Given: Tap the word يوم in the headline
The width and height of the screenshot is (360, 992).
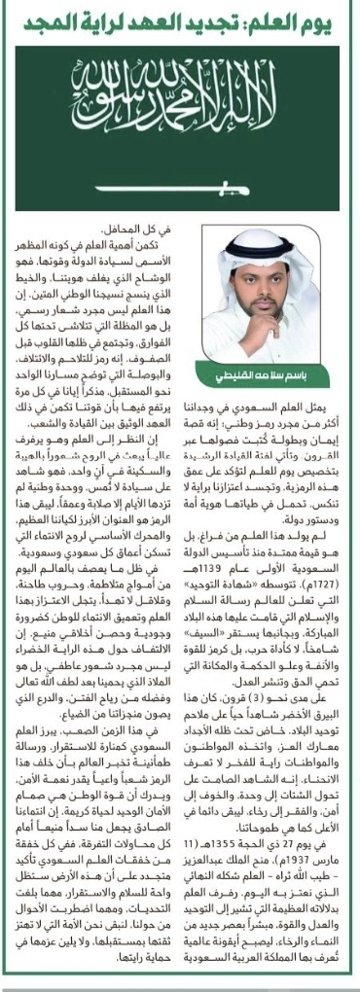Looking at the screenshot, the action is (330, 21).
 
